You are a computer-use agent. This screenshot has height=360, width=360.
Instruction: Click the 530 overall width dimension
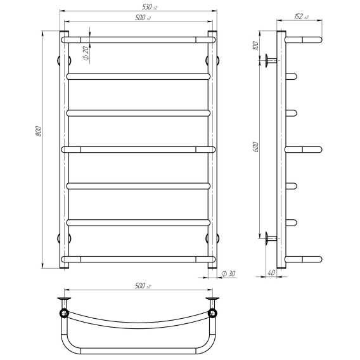pyautogui.click(x=150, y=7)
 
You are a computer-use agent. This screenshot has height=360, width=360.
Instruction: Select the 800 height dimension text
pyautogui.click(x=39, y=131)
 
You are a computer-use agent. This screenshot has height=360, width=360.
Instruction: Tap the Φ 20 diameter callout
pyautogui.click(x=86, y=53)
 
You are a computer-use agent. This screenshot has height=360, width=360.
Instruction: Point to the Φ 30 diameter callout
pyautogui.click(x=228, y=273)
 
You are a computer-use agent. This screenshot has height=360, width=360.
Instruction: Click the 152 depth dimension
pyautogui.click(x=302, y=16)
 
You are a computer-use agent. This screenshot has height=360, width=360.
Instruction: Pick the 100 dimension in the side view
pyautogui.click(x=256, y=46)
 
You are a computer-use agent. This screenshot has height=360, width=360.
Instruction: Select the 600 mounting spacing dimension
pyautogui.click(x=256, y=147)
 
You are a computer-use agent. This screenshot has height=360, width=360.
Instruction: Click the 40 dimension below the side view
pyautogui.click(x=271, y=273)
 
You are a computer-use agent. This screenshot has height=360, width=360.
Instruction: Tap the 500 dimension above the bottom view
pyautogui.click(x=143, y=286)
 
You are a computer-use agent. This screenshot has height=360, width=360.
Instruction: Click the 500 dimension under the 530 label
pyautogui.click(x=143, y=18)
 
